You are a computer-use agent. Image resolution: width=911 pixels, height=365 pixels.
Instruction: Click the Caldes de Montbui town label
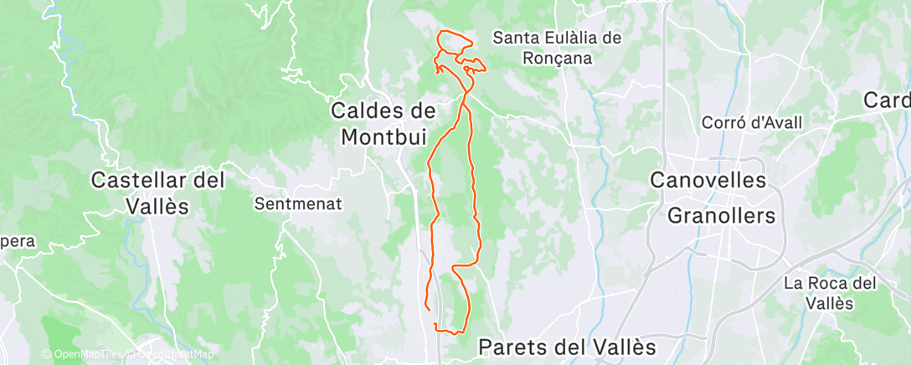(384, 122)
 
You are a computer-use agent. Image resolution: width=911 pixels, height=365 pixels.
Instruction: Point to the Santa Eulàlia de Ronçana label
(556, 48)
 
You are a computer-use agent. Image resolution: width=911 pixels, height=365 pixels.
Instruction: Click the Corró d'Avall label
(753, 122)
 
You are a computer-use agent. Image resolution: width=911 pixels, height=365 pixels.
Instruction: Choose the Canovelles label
(708, 180)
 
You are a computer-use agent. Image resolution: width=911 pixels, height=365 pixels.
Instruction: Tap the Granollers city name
(721, 215)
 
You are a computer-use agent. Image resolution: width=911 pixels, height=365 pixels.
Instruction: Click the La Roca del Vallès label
(830, 293)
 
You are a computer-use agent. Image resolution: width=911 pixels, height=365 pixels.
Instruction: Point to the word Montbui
(383, 136)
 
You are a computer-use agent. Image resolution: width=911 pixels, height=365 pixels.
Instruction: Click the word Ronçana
(556, 59)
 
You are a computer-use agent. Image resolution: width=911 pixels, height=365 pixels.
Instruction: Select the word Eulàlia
(571, 38)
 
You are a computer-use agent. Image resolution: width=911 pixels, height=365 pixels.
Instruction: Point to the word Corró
(723, 122)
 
